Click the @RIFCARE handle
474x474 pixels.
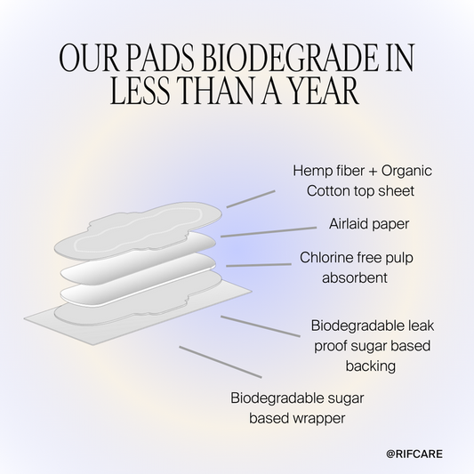click(x=414, y=454)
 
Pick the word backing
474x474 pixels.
click(x=373, y=365)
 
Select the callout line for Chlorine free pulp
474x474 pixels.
click(x=259, y=264)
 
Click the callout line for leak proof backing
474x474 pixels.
click(x=261, y=325)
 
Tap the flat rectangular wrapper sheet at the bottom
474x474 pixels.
click(x=53, y=314)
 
